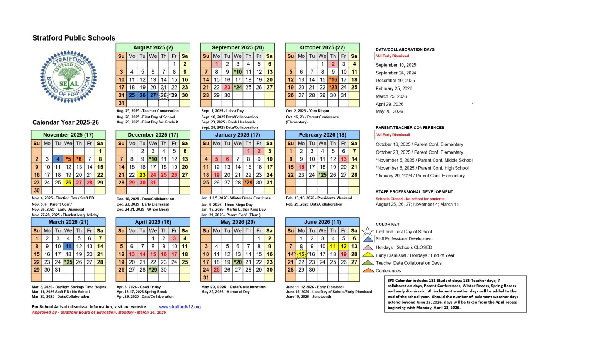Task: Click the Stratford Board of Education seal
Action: pos(69,77)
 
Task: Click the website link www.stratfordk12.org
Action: pos(180,307)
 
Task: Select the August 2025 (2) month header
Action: pos(153,47)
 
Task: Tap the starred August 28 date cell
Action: pos(164,95)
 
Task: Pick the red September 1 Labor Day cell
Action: pos(217,64)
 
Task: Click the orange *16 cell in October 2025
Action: pos(333,80)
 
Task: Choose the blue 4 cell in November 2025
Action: pos(58,159)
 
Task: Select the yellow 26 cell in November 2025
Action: pos(68,183)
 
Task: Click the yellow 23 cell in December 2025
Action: pos(142,175)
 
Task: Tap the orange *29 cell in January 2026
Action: pos(248,183)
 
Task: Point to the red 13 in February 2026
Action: pos(344,159)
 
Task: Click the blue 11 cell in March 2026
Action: pos(68,246)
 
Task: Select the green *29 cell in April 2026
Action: pos(153,270)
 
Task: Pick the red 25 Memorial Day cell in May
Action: pos(217,270)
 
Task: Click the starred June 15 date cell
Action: pos(301,254)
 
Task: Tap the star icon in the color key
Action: pos(368,232)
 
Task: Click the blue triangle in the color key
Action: pos(368,239)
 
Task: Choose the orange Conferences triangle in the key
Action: pos(368,270)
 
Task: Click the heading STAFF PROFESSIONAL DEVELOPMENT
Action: pos(414,192)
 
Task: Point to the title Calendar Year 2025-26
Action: pos(66,122)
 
